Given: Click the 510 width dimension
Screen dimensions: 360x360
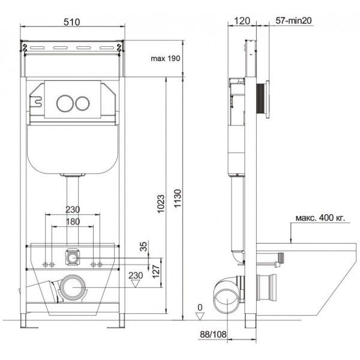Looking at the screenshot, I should click(72, 20).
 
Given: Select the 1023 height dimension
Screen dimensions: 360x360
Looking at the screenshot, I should click(154, 200).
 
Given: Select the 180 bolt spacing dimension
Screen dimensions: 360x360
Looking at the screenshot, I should click(72, 222).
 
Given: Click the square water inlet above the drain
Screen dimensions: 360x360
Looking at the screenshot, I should click(73, 257).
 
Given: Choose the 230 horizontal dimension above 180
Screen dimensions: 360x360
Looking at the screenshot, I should click(72, 209).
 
